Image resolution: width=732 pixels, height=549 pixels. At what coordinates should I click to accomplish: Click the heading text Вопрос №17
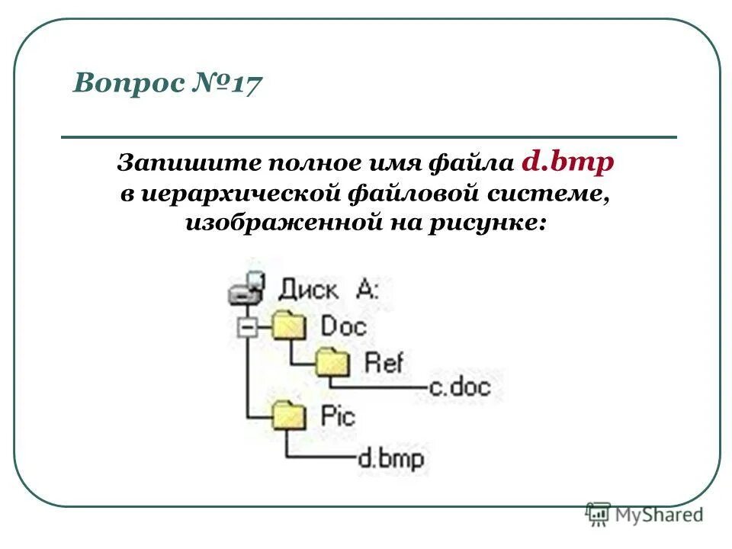click(x=167, y=82)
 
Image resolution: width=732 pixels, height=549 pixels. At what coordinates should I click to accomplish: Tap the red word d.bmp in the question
click(x=568, y=162)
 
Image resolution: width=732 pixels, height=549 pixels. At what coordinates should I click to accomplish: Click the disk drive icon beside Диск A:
click(x=246, y=289)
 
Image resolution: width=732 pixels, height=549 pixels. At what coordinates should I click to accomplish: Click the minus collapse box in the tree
click(x=246, y=327)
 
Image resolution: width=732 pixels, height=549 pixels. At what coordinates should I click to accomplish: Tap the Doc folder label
click(x=343, y=326)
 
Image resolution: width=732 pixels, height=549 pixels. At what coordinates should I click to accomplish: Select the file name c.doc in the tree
click(x=460, y=387)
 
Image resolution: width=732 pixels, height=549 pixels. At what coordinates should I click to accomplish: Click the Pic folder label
click(x=338, y=416)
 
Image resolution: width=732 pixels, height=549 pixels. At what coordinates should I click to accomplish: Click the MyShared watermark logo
click(x=645, y=515)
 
